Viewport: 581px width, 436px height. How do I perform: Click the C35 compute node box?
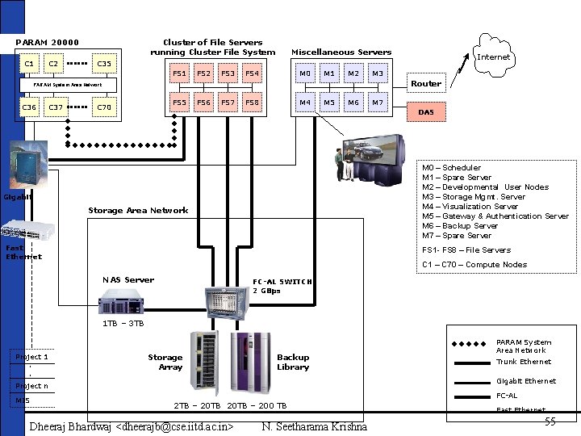point(104,64)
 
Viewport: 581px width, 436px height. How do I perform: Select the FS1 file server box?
point(180,74)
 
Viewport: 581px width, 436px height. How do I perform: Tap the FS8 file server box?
point(253,103)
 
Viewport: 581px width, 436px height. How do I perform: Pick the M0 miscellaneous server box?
point(305,74)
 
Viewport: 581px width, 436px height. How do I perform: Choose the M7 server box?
point(377,103)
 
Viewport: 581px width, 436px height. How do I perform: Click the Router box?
point(426,84)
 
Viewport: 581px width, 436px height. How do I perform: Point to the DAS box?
point(426,112)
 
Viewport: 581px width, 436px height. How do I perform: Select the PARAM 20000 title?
point(48,43)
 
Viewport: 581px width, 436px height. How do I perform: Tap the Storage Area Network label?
point(138,211)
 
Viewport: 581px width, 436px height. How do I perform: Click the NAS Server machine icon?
point(123,302)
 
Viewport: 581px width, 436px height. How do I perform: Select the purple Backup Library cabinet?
point(250,362)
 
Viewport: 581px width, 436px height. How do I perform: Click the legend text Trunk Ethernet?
point(523,363)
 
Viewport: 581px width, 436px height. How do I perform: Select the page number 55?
point(550,422)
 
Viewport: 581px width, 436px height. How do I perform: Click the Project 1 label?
point(32,357)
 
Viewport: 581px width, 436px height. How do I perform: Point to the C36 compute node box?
point(30,107)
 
